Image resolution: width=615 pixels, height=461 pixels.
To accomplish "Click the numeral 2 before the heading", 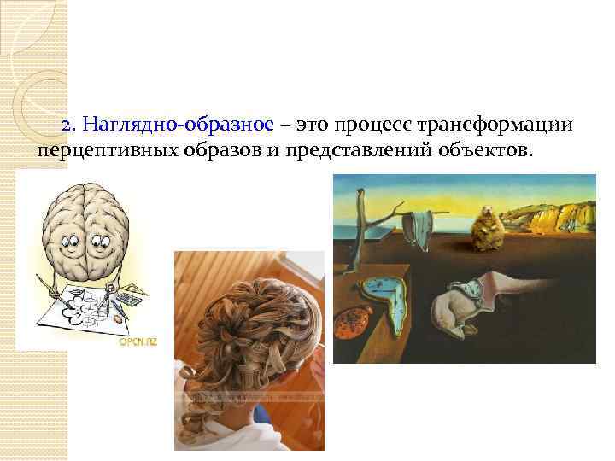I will (x=67, y=125).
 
